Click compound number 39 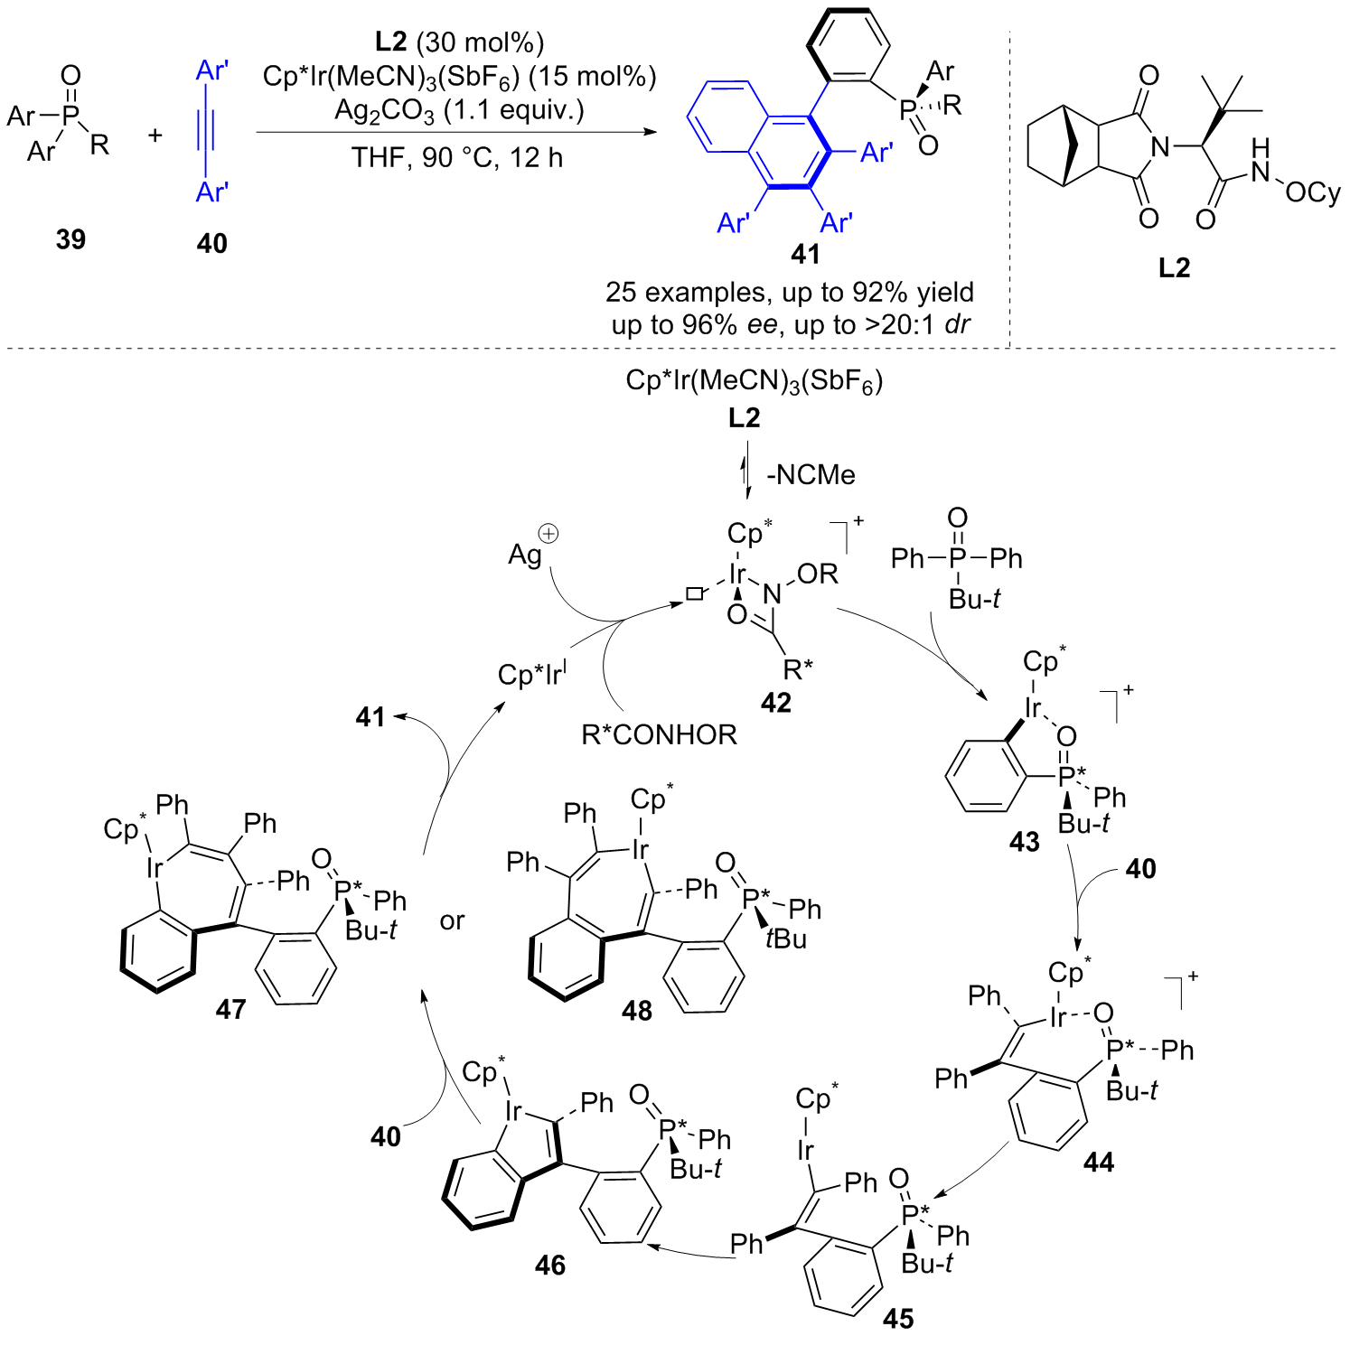(x=70, y=239)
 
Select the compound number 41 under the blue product (x=805, y=255)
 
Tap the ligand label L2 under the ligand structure (x=1174, y=267)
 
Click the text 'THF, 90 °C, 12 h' (x=457, y=158)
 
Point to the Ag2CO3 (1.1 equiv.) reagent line (x=459, y=111)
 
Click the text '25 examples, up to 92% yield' (x=790, y=292)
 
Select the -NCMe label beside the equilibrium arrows (x=811, y=475)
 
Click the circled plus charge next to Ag (x=548, y=533)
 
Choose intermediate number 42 (x=775, y=703)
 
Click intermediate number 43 (x=1025, y=843)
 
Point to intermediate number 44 (x=1099, y=1163)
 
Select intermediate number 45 (x=898, y=1319)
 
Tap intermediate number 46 (x=550, y=1265)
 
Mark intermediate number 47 (x=230, y=1009)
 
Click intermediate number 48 (x=637, y=1011)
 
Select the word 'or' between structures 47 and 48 (x=452, y=921)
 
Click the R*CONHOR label (x=660, y=735)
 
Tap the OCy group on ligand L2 (x=1313, y=192)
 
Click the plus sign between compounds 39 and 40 (x=155, y=135)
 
